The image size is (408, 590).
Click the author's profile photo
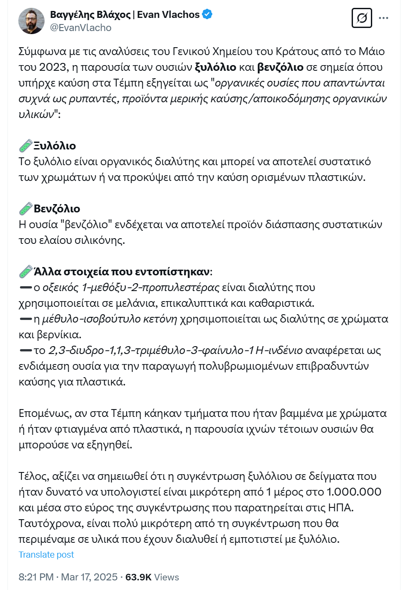pyautogui.click(x=31, y=21)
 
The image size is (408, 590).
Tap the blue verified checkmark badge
pyautogui.click(x=207, y=14)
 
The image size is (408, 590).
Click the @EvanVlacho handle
pyautogui.click(x=81, y=28)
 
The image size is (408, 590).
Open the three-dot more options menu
pyautogui.click(x=384, y=18)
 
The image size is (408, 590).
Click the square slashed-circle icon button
pyautogui.click(x=362, y=18)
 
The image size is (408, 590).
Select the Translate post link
pyautogui.click(x=46, y=555)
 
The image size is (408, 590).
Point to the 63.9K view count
pyautogui.click(x=138, y=577)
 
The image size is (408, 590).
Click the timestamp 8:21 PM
pyautogui.click(x=36, y=577)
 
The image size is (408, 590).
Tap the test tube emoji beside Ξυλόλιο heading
pyautogui.click(x=26, y=146)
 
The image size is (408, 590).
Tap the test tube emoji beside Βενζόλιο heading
pyautogui.click(x=26, y=208)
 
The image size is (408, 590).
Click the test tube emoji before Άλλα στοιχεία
pyautogui.click(x=26, y=271)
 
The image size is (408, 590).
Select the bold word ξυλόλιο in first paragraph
pyautogui.click(x=215, y=67)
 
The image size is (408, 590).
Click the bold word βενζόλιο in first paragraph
pyautogui.click(x=280, y=67)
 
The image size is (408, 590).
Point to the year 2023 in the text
pyautogui.click(x=52, y=67)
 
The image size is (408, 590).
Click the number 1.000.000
pyautogui.click(x=354, y=492)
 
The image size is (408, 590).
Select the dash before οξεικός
pyautogui.click(x=26, y=288)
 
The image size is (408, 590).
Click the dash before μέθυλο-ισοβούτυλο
pyautogui.click(x=26, y=319)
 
